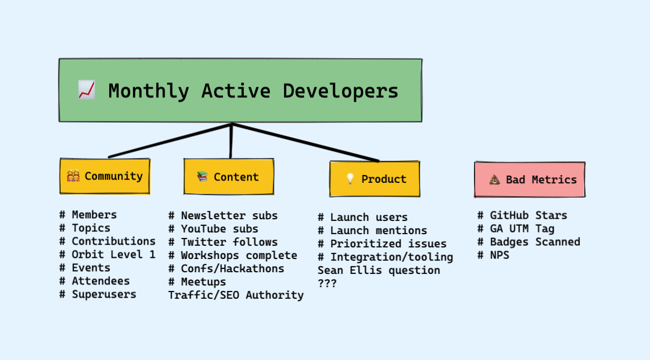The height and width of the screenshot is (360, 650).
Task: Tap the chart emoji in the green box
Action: [x=86, y=90]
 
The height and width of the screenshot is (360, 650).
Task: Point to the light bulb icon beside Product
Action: [x=350, y=179]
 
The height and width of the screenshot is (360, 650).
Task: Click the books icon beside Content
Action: [x=203, y=177]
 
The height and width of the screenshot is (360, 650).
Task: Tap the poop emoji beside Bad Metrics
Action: [x=494, y=179]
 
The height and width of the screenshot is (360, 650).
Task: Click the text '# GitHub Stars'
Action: [x=522, y=215]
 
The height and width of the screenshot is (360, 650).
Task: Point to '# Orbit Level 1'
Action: [x=107, y=255]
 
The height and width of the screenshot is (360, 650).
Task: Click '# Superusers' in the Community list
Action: [x=98, y=294]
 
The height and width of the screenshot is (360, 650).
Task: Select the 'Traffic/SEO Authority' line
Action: [x=236, y=295]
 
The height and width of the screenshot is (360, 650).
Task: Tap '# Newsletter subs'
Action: [x=223, y=216]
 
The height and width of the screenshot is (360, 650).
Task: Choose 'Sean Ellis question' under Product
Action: [x=379, y=271]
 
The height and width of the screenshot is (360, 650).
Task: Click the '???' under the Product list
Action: [x=327, y=284]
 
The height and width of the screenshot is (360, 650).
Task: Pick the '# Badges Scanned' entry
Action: [x=528, y=242]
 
